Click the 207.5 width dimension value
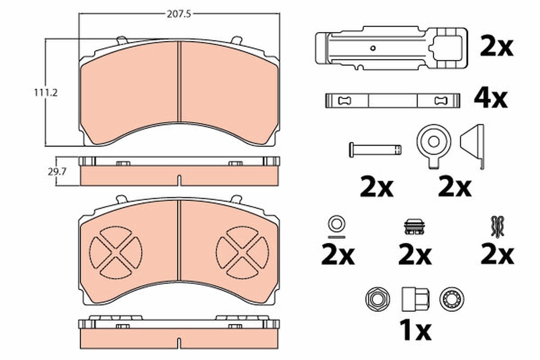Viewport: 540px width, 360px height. pyautogui.click(x=179, y=14)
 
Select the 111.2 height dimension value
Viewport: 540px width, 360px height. pyautogui.click(x=47, y=93)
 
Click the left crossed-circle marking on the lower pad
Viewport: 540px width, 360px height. pyautogui.click(x=116, y=252)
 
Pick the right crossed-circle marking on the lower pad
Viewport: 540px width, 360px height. pyautogui.click(x=243, y=252)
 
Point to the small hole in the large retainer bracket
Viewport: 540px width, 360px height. pyautogui.click(x=373, y=48)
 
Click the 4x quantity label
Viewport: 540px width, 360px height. pyautogui.click(x=490, y=98)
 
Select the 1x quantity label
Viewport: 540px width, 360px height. pyautogui.click(x=414, y=332)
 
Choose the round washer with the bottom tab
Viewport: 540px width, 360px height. pyautogui.click(x=433, y=143)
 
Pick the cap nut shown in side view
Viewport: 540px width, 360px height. pyautogui.click(x=414, y=298)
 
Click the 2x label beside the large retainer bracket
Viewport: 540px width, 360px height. pyautogui.click(x=496, y=47)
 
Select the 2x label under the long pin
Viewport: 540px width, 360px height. pyautogui.click(x=377, y=188)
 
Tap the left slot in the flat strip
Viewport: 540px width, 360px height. pyautogui.click(x=344, y=100)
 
